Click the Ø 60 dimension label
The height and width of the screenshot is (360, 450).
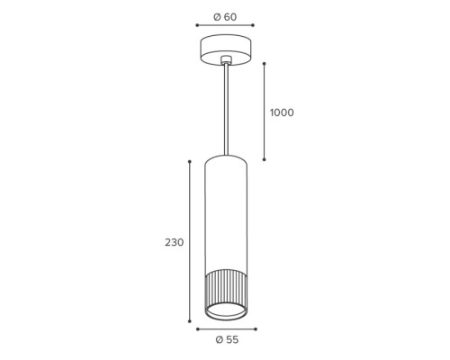click(x=225, y=17)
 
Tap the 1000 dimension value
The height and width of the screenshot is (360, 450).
click(x=282, y=112)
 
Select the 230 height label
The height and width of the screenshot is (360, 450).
click(x=174, y=242)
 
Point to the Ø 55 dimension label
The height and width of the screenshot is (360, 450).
click(x=227, y=339)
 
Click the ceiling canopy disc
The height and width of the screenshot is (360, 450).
click(x=226, y=49)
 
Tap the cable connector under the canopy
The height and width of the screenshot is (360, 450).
click(x=226, y=59)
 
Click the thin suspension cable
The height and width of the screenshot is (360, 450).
click(x=226, y=110)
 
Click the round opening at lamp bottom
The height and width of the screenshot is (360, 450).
click(x=226, y=312)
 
